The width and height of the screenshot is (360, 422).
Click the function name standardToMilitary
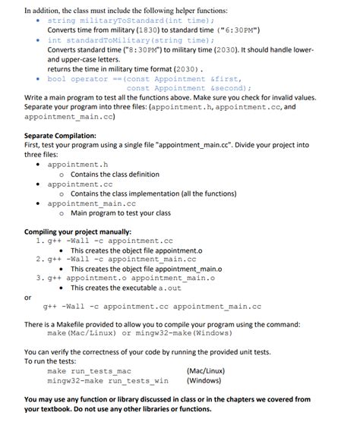click(x=111, y=39)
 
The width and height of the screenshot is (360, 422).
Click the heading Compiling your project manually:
click(x=78, y=231)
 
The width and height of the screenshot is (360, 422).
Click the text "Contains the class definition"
click(x=115, y=175)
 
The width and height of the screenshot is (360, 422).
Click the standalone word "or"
click(x=28, y=298)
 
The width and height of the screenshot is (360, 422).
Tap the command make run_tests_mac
click(x=89, y=370)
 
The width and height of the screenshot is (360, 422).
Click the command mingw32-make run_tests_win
click(x=108, y=380)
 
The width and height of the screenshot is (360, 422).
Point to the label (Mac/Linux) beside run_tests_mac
click(x=206, y=370)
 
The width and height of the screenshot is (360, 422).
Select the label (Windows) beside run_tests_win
click(x=202, y=380)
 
